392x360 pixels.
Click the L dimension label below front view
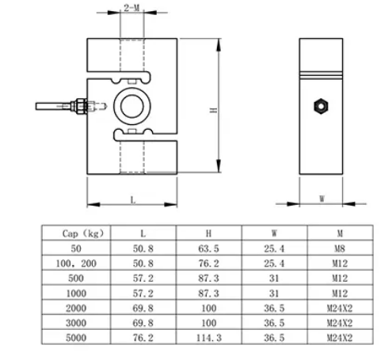(133, 200)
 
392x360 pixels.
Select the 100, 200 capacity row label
(77, 263)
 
